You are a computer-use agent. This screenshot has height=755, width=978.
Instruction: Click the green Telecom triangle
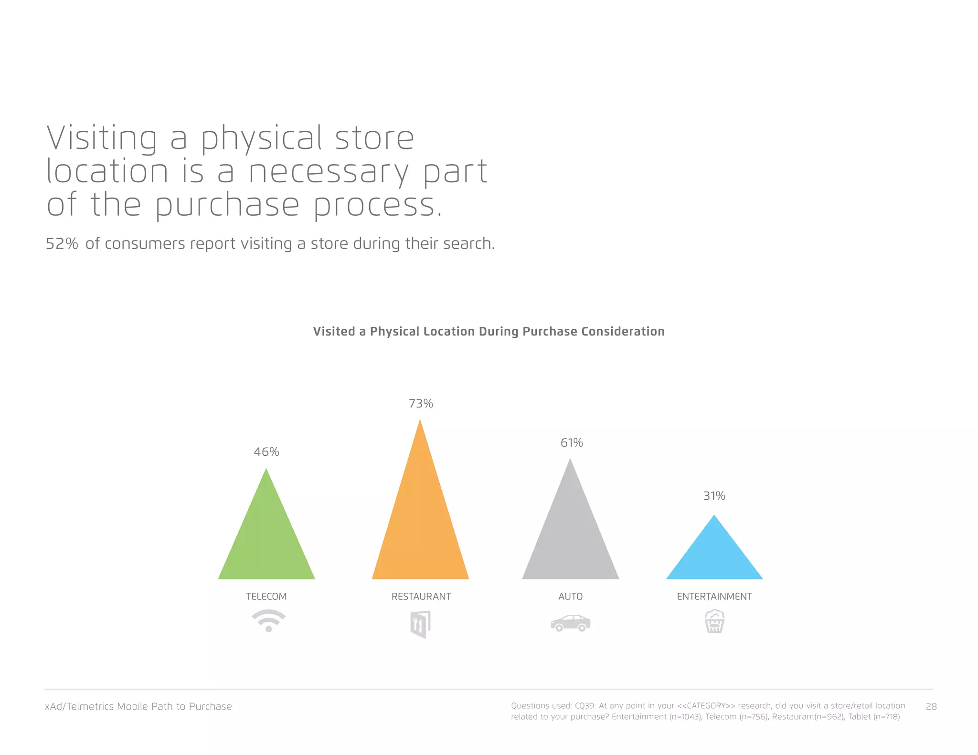tap(266, 539)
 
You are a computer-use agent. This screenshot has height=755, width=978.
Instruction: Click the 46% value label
tap(266, 451)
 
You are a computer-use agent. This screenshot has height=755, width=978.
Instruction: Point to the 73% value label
tap(421, 403)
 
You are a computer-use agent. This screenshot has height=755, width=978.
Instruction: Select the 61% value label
tap(572, 442)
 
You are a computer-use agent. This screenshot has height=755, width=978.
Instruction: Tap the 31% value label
tap(714, 496)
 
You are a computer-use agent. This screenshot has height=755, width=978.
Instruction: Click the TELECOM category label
tap(266, 596)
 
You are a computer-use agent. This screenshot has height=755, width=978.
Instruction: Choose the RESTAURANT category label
tap(421, 596)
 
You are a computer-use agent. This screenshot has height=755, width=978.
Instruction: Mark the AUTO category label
tap(570, 596)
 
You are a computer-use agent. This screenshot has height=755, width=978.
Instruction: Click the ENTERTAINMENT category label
tap(714, 596)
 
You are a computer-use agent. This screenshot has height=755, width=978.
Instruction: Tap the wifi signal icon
tap(268, 620)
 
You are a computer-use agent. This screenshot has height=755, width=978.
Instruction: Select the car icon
tap(570, 623)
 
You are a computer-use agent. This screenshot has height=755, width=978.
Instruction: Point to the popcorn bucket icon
tap(714, 621)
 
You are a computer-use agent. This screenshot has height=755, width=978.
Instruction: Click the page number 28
tap(931, 706)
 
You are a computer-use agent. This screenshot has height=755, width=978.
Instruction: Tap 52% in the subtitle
tap(62, 243)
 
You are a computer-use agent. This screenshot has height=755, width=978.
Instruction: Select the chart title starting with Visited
tap(489, 331)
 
